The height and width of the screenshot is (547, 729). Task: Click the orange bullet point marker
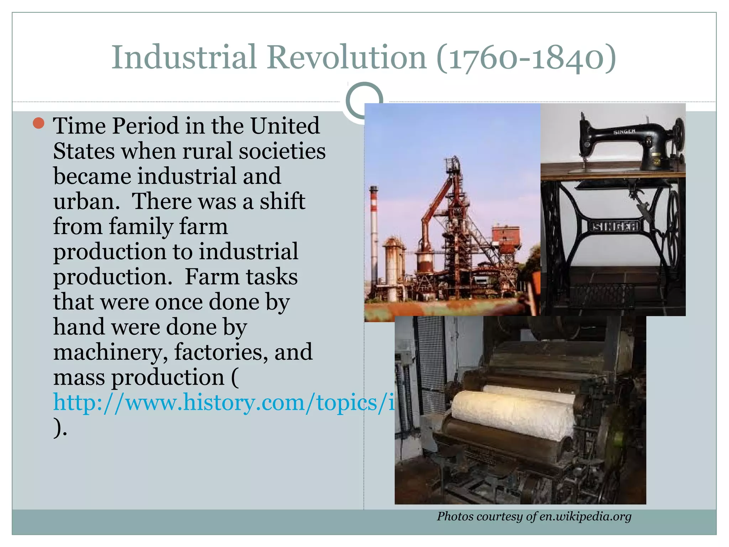click(38, 123)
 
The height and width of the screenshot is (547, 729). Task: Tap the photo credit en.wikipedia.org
click(585, 516)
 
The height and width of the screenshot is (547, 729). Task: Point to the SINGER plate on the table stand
click(615, 226)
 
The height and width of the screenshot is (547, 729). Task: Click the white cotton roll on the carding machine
click(513, 413)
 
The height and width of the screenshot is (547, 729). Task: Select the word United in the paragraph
click(285, 126)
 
